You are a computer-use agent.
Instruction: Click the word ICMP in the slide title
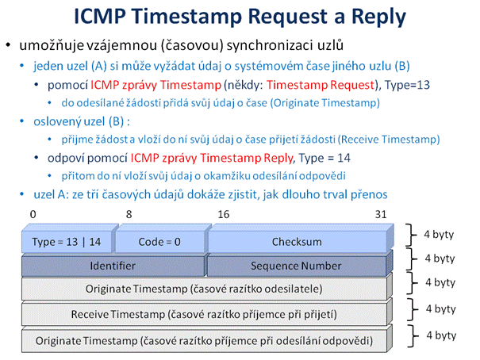[100, 16]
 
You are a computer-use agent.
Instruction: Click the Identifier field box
[113, 265]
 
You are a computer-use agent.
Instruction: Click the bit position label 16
[224, 214]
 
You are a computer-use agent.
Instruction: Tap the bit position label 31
[381, 214]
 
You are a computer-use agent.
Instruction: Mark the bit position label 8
[129, 214]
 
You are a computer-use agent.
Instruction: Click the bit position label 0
[33, 214]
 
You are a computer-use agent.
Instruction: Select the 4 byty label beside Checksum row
[439, 235]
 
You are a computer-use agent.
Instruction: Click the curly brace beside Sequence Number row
[412, 259]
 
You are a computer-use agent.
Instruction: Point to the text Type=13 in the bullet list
[407, 85]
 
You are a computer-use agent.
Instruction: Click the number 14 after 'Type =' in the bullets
[344, 158]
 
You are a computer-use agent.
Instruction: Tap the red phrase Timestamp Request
[321, 85]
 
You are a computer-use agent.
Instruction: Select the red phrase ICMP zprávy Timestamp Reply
[212, 158]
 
